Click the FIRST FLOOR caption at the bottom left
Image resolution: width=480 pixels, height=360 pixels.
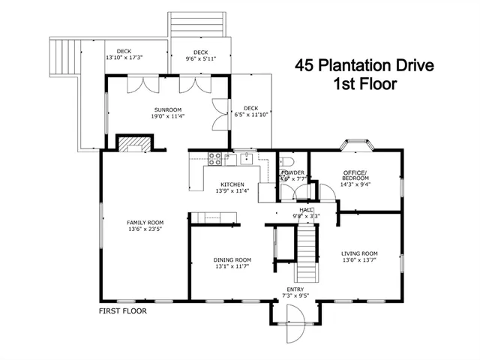pos(123,310)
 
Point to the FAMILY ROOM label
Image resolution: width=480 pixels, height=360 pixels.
pos(145,223)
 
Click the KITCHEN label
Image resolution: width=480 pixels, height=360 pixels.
pos(232,184)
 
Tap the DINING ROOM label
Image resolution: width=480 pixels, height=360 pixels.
pos(232,259)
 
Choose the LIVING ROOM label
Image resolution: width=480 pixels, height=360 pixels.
pos(359,253)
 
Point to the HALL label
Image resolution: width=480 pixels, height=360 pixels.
pos(306,210)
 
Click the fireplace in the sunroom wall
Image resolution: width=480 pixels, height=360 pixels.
pos(133,144)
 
